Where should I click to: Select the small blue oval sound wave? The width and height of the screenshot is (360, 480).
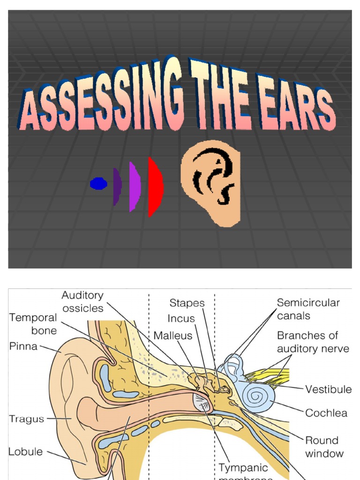[x=98, y=184]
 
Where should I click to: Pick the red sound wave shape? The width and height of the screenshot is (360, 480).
[x=155, y=187]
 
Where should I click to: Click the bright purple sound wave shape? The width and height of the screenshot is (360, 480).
[x=135, y=187]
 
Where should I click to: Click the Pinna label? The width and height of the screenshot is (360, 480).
[x=24, y=347]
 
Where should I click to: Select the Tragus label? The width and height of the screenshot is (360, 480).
[x=26, y=419]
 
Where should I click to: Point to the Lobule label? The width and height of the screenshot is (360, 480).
[x=25, y=452]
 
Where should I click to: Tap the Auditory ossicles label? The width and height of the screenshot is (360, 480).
[x=82, y=302]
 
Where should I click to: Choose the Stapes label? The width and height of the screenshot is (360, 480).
[x=187, y=303]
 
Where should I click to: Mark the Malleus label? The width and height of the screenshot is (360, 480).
[x=172, y=336]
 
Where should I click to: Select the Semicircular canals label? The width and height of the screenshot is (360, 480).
[x=308, y=309]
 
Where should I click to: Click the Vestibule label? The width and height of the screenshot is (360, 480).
[x=328, y=390]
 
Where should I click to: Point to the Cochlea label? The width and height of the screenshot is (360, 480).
[x=326, y=413]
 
